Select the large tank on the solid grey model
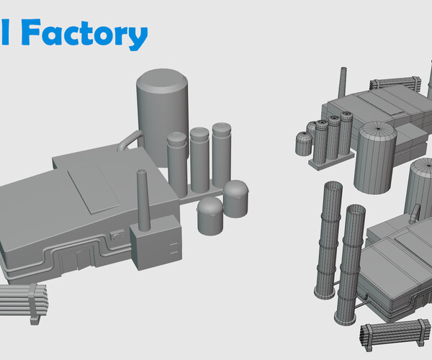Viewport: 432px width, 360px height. (163, 108)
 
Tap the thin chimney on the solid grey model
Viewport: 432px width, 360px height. (142, 198)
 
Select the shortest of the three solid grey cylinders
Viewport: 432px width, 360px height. (177, 164)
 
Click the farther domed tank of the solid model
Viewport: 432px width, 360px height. (235, 198)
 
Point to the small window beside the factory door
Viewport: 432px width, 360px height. (117, 234)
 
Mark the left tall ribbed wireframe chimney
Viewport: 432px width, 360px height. (329, 238)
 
